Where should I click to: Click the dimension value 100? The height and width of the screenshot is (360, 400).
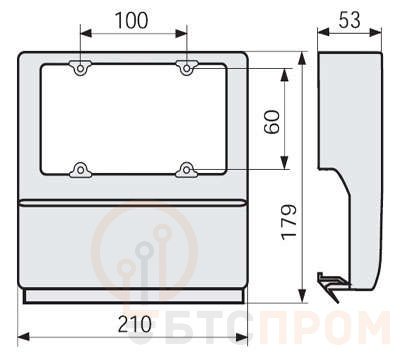[131, 20]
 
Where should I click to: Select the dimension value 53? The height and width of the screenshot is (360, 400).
[349, 20]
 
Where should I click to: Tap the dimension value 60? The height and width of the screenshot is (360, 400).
[272, 122]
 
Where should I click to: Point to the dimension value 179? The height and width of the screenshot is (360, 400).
[289, 222]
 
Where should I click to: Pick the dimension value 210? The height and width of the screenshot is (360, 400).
[135, 324]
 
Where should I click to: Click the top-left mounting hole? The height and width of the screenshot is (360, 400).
[80, 69]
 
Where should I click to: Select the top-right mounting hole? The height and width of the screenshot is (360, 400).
[187, 69]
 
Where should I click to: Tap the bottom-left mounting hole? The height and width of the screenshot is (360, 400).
[80, 170]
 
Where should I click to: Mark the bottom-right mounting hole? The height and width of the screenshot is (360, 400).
[187, 170]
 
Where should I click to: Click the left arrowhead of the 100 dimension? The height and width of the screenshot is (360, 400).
[86, 33]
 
